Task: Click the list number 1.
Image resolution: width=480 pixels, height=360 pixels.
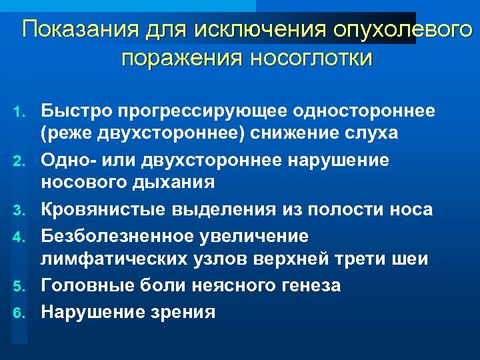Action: tap(22, 109)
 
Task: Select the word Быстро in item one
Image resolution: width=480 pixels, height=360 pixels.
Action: tap(75, 109)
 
